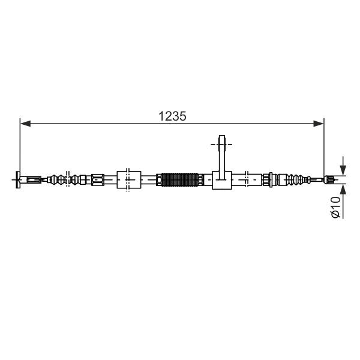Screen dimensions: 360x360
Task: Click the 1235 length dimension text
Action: (x=172, y=116)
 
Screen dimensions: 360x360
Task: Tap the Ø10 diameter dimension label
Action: (x=335, y=206)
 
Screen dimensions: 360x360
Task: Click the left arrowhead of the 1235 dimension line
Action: (x=25, y=124)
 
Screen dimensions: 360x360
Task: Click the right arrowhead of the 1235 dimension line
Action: (x=319, y=124)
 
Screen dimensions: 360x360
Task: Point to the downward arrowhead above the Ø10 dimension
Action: (x=343, y=170)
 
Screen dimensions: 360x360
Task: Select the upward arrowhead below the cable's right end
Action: (x=343, y=190)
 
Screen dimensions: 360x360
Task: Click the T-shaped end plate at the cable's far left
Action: (x=17, y=180)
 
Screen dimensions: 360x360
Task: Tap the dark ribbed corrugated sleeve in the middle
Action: (x=179, y=179)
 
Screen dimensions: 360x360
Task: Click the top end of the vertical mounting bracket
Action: (x=222, y=136)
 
